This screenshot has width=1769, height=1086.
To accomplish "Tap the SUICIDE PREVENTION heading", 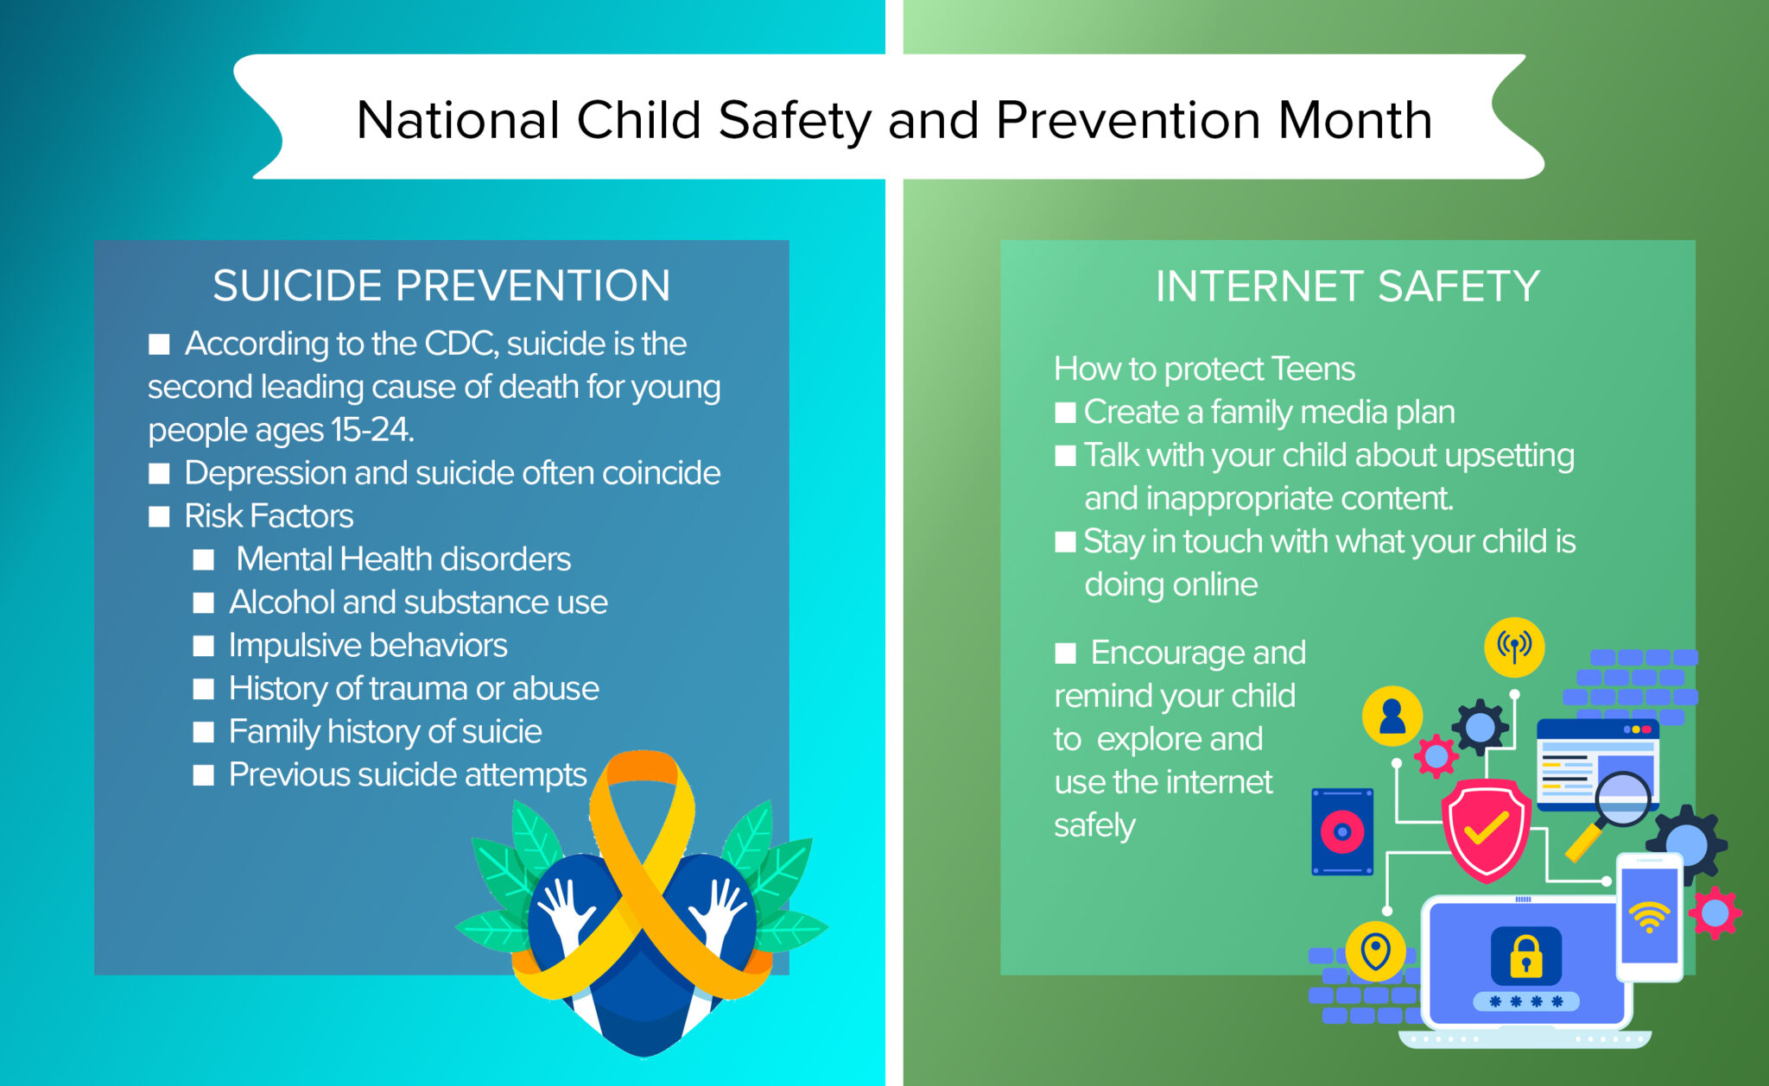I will [441, 286].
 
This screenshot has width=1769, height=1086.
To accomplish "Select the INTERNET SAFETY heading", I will [1347, 287].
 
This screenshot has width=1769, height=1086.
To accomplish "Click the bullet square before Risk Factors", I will [159, 516].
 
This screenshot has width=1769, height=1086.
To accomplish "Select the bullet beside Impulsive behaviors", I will [204, 646].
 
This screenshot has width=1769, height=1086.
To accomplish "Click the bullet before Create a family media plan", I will [1065, 413].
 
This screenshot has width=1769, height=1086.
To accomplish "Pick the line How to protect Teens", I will [1204, 369].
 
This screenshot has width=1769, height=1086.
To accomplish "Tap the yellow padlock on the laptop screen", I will [1525, 957].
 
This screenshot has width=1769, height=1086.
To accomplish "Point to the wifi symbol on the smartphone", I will [1649, 917].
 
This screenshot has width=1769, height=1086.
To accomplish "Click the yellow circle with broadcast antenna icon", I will [1513, 647].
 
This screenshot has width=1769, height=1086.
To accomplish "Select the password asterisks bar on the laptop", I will [1525, 1001].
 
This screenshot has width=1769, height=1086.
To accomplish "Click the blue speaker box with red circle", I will [1342, 831].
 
